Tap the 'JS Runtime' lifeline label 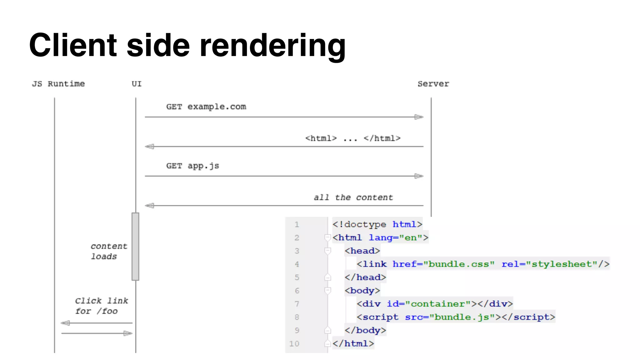tap(58, 84)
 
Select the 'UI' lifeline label tap(137, 84)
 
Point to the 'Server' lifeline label tap(433, 84)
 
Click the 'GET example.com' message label tap(206, 107)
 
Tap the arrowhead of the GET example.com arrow tap(419, 117)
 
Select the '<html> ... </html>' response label tap(353, 138)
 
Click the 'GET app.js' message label tap(192, 166)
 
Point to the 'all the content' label tap(353, 197)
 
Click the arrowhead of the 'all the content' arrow tap(149, 206)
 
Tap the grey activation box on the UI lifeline tap(135, 247)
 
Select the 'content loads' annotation tap(109, 251)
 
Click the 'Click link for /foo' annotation tap(101, 306)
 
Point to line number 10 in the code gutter tap(294, 344)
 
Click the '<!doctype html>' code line tap(377, 224)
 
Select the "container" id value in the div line tap(438, 304)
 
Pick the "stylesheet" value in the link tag tap(562, 264)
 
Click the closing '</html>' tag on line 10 tap(353, 344)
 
